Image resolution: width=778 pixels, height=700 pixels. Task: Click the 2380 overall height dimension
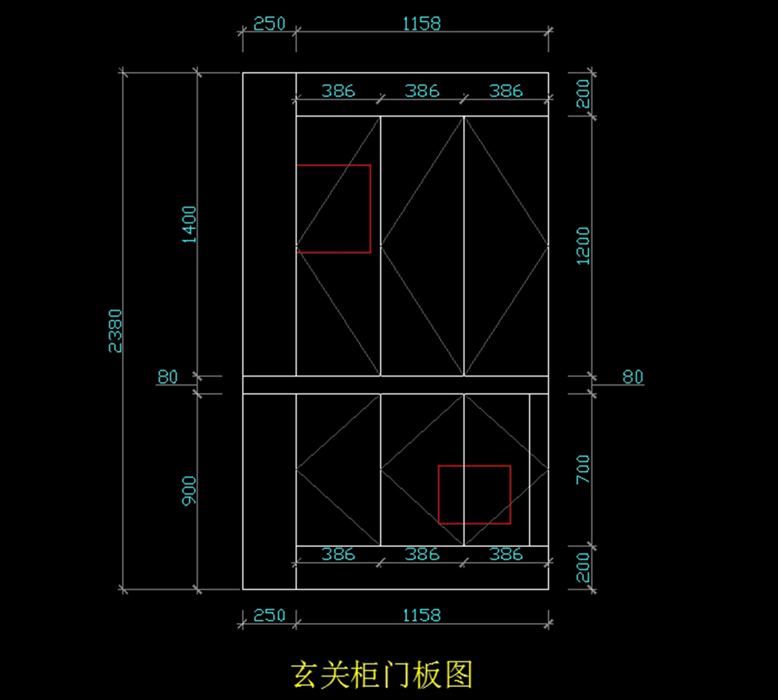click(115, 331)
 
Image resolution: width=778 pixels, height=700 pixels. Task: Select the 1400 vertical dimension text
click(189, 224)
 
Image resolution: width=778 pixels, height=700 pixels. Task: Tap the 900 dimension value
click(189, 491)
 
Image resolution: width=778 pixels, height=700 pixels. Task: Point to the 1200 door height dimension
click(583, 246)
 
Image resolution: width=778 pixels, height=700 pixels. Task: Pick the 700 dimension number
click(583, 469)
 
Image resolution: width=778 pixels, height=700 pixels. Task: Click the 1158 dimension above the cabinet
click(421, 24)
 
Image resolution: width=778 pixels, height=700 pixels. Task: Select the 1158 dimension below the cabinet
click(421, 614)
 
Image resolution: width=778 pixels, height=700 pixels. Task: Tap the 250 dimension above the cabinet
click(269, 24)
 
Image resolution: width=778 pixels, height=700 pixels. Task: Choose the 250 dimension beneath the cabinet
click(269, 614)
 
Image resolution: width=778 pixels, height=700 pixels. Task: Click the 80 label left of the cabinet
click(167, 377)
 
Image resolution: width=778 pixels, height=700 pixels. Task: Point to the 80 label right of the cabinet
click(633, 377)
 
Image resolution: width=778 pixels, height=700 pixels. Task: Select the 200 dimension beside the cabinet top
click(583, 93)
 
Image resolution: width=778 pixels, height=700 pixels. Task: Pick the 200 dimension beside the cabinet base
click(583, 567)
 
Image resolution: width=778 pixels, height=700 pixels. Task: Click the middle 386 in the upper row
click(422, 91)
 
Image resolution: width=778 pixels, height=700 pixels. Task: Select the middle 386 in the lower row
click(422, 554)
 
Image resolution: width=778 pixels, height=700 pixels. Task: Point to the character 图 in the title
click(458, 675)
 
